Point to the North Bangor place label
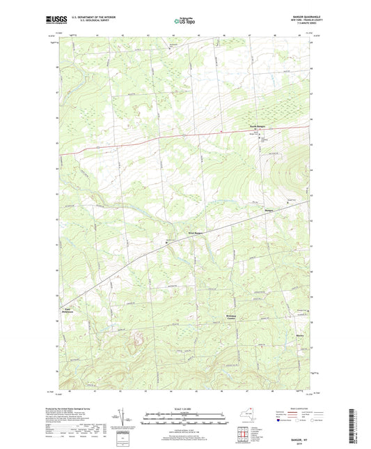(260, 126)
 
